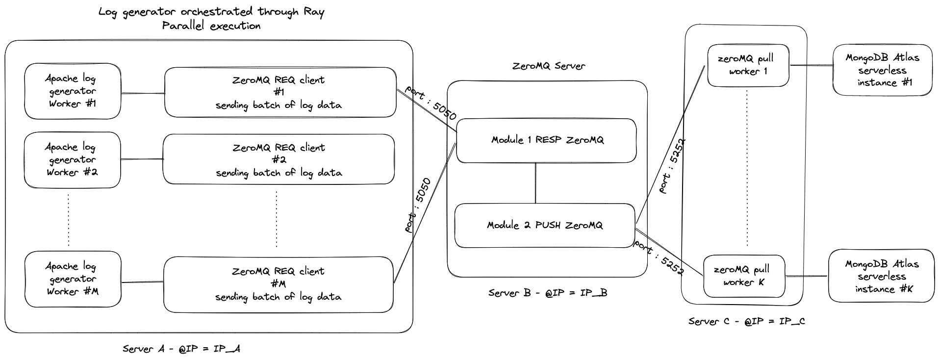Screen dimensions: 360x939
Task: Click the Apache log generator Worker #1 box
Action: [72, 91]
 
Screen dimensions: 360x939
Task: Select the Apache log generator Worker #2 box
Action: [72, 160]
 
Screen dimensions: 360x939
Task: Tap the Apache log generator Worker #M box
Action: [72, 279]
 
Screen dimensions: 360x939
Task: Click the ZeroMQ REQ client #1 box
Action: [279, 92]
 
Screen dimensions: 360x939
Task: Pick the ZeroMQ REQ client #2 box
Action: [279, 160]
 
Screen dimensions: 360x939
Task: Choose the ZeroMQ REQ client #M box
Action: [278, 284]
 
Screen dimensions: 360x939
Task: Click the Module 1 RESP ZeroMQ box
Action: [546, 140]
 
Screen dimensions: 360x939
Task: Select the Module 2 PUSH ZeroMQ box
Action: [544, 226]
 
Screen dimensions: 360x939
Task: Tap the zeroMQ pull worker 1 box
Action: [747, 65]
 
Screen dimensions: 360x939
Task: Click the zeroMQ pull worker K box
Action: [743, 276]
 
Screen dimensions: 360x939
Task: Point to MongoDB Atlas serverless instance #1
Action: [882, 70]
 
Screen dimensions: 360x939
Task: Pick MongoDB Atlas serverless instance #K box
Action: [881, 276]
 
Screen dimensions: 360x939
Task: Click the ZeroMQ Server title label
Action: [548, 66]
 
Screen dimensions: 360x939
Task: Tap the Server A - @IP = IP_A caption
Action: [181, 349]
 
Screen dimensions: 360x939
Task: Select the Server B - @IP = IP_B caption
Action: [547, 293]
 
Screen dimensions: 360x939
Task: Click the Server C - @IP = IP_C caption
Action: [746, 321]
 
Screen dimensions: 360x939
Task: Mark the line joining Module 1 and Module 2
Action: [535, 183]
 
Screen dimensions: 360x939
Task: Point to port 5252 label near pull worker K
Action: [659, 258]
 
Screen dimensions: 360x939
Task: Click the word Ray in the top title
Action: [314, 12]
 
